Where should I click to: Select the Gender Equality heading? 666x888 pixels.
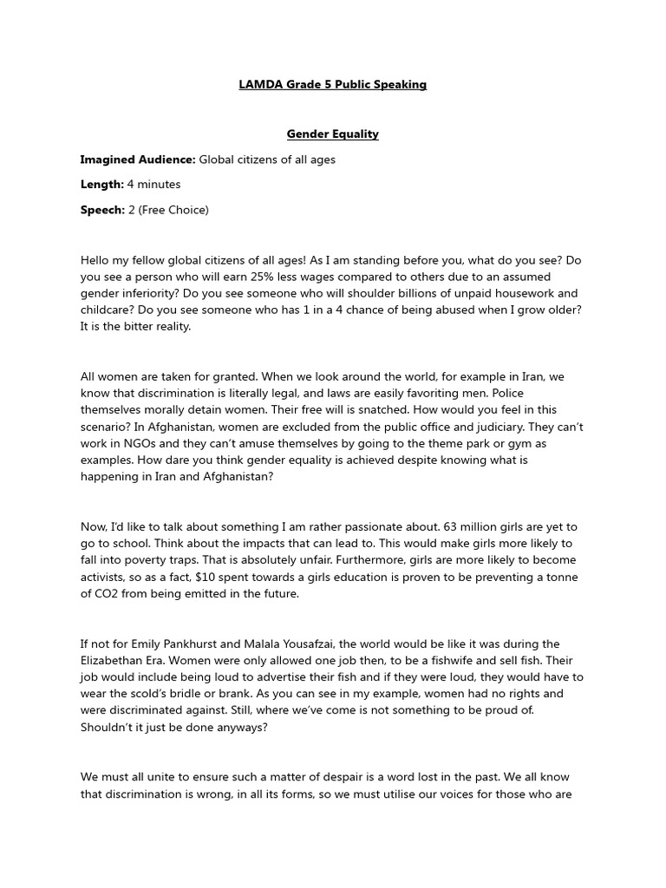coord(333,134)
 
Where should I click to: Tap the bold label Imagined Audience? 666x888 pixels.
coord(138,160)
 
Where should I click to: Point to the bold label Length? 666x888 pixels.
coord(102,185)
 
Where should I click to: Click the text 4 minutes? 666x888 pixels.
coord(154,185)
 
